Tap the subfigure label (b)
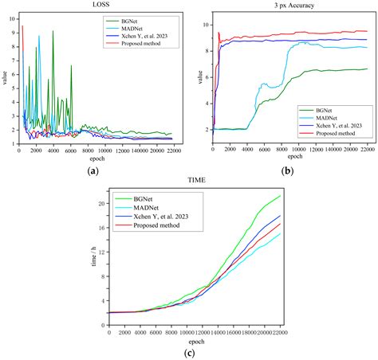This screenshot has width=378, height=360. tap(288, 169)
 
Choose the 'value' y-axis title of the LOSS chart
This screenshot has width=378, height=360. tap(5, 80)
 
